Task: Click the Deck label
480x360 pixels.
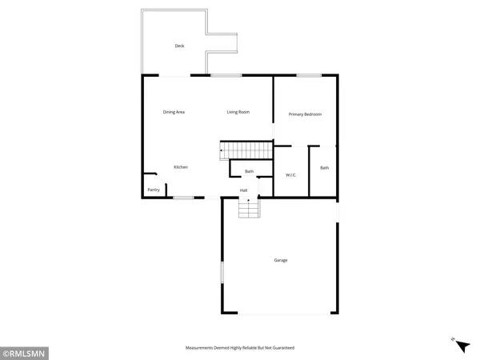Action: [180, 46]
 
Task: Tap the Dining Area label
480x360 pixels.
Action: [174, 112]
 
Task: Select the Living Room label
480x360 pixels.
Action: [238, 112]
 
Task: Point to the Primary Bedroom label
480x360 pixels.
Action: [306, 114]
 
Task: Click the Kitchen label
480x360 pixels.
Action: [181, 166]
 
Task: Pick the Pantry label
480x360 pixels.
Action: [153, 190]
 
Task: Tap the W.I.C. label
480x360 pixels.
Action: [291, 174]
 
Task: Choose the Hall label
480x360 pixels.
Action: [244, 190]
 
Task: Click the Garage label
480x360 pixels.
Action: [281, 260]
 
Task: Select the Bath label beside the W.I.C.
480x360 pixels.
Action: [324, 167]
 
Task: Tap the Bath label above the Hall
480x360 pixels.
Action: [249, 171]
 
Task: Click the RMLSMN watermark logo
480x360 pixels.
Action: [26, 350]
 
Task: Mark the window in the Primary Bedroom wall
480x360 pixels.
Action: [309, 75]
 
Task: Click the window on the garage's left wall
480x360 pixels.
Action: [222, 273]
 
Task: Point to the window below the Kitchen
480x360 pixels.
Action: [184, 197]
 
